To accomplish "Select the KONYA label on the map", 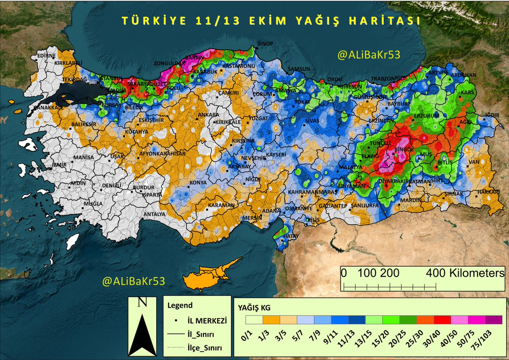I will coord(198,183).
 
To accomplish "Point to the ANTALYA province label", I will coord(154,214).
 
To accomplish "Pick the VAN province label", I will coord(473,162).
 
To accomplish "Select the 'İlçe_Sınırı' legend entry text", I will coord(205,348).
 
